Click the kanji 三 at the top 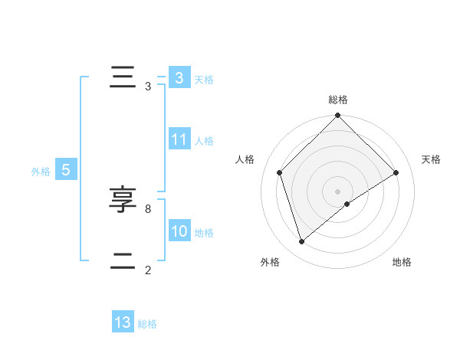[x=122, y=78]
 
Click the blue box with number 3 [x=179, y=78]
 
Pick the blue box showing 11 [x=179, y=139]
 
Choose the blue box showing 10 [x=179, y=231]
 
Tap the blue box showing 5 [x=66, y=170]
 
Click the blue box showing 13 [x=123, y=322]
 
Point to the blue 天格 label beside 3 [x=204, y=80]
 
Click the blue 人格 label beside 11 [x=204, y=141]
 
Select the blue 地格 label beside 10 [x=204, y=233]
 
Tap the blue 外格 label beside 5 [x=41, y=172]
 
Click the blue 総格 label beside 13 [x=147, y=324]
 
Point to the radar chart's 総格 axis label [x=337, y=100]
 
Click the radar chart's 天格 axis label [x=431, y=159]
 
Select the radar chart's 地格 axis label [x=402, y=262]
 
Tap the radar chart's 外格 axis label [x=270, y=262]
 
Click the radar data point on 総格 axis [x=337, y=116]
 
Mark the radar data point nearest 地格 [x=347, y=204]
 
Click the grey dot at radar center [x=337, y=191]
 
